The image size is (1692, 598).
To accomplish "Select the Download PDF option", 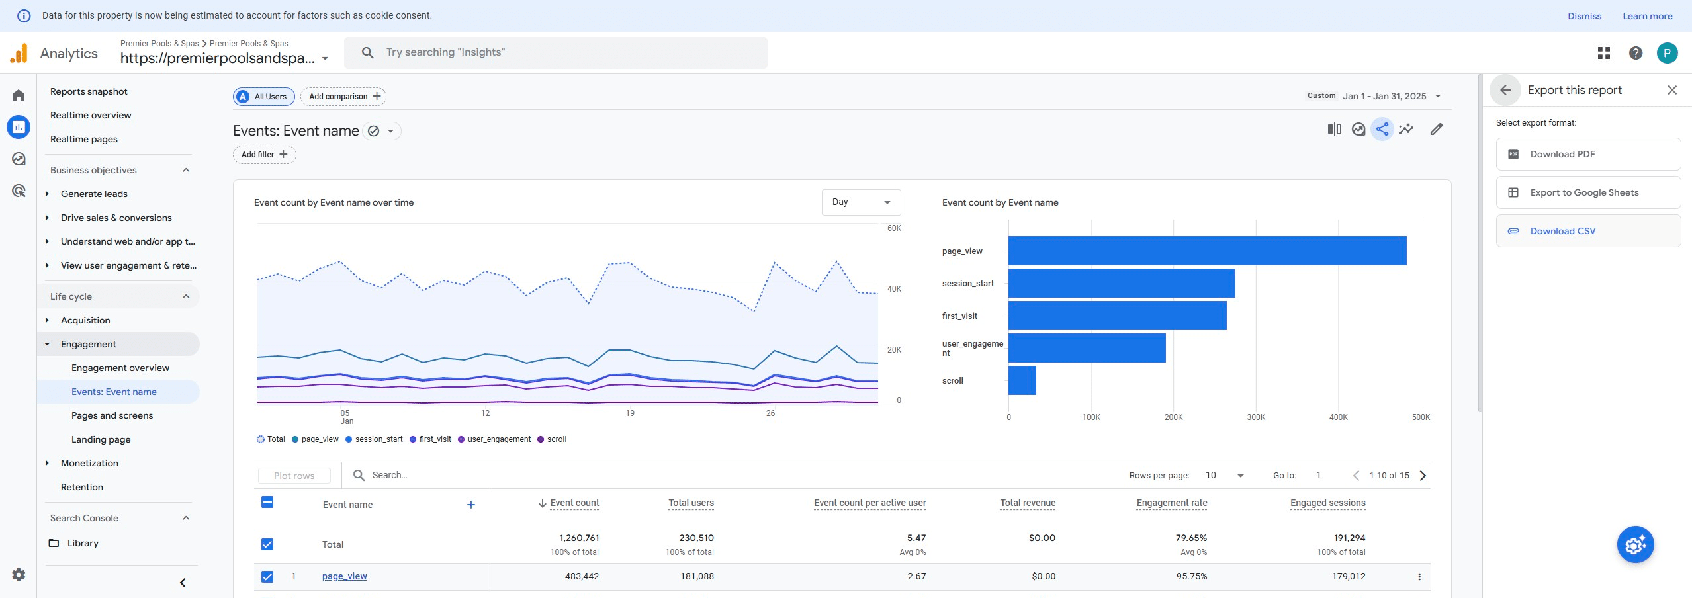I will (x=1562, y=154).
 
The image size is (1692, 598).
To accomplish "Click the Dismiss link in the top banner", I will (x=1583, y=16).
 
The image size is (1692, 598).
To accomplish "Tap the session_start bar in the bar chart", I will (x=1121, y=283).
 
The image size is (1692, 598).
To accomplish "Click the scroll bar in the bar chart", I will (x=1022, y=380).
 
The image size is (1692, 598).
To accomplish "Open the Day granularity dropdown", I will (x=860, y=202).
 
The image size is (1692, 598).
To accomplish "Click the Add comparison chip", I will (x=343, y=97).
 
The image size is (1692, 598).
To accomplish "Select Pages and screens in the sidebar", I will (x=112, y=415).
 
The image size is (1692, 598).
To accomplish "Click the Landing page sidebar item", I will (x=101, y=439).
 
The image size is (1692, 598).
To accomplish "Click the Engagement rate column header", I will (x=1171, y=503).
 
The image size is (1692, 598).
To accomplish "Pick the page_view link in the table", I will (x=344, y=576).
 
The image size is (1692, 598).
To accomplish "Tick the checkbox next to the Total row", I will (x=267, y=544).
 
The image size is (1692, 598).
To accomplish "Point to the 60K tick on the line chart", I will (x=894, y=228).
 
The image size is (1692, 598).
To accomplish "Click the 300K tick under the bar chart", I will (x=1255, y=417).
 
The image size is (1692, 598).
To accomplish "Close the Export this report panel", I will (x=1671, y=90).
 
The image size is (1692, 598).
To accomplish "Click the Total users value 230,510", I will (x=696, y=538).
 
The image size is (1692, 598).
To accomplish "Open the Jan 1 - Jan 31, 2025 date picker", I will (x=1384, y=96).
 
